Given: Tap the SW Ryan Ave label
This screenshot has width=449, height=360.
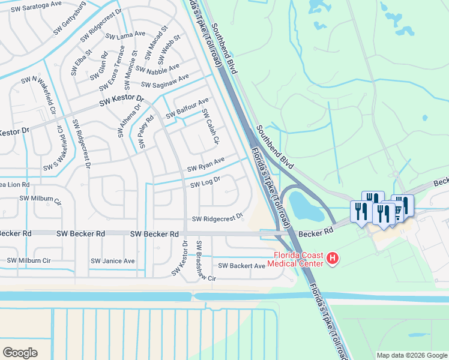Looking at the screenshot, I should point(205,164).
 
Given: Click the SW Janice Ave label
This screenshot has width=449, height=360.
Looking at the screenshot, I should point(113,261).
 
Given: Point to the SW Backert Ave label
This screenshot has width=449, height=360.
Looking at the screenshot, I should point(241,266).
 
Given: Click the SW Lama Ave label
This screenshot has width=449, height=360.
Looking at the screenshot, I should point(125,35).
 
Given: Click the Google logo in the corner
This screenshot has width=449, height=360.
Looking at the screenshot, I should point(20,352).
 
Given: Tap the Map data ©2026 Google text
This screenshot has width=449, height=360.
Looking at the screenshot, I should point(412,355).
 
